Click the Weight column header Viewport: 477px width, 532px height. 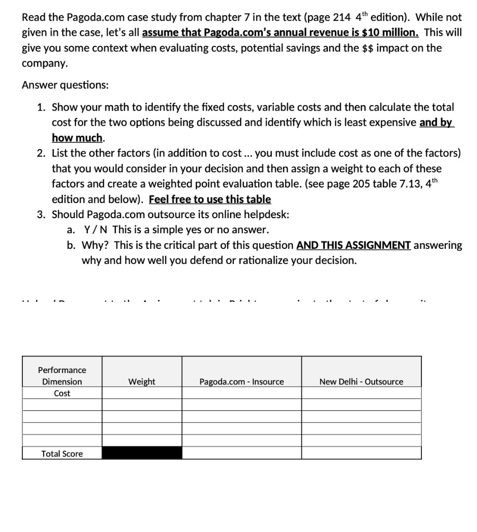tap(142, 382)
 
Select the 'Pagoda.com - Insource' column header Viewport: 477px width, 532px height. tap(242, 382)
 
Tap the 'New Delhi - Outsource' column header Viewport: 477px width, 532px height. tap(361, 382)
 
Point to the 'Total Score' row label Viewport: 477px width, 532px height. tap(62, 454)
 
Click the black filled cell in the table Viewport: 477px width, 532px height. tap(142, 453)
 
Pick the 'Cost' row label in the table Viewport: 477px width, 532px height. tap(62, 393)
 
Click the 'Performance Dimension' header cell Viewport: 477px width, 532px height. tap(62, 376)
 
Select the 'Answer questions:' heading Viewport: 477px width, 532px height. tap(65, 85)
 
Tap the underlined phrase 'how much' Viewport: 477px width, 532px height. tap(77, 138)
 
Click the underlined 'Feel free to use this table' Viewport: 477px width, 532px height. tap(210, 199)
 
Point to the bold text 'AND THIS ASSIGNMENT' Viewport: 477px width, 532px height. tap(354, 245)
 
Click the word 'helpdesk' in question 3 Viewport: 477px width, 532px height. tap(267, 215)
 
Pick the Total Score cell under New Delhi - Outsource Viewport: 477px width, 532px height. tap(361, 453)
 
